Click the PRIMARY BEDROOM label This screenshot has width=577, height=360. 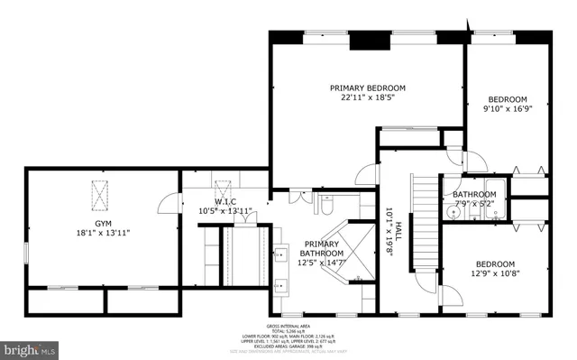367,88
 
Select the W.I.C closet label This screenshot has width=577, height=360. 224,200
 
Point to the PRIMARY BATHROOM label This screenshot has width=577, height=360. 323,245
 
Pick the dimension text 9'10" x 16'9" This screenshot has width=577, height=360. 506,110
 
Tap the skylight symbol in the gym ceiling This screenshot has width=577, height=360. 98,195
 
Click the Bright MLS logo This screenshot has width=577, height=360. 29,346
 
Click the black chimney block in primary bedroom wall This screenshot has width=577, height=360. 367,40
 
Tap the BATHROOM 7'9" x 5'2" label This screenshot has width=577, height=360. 474,198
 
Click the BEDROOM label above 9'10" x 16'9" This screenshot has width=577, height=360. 506,99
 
